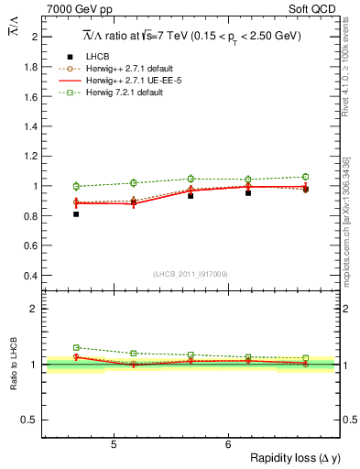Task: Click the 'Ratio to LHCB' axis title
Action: [x=14, y=364]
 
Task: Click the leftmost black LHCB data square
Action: [x=76, y=214]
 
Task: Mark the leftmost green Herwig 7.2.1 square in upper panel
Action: [x=76, y=186]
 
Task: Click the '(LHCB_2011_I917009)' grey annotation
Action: [x=190, y=274]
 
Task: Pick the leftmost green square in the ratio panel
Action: [x=76, y=348]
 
